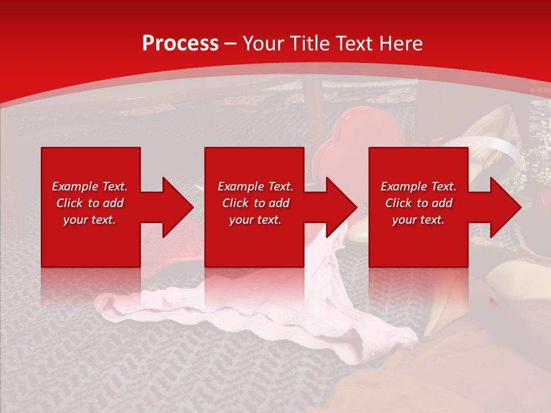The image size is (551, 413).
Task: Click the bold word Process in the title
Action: pyautogui.click(x=180, y=44)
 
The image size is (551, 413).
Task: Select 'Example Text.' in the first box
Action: pyautogui.click(x=90, y=186)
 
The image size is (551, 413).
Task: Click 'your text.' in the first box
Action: pyautogui.click(x=90, y=220)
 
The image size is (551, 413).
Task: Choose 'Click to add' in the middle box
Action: pyautogui.click(x=255, y=203)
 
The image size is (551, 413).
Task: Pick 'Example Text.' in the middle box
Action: pyautogui.click(x=255, y=186)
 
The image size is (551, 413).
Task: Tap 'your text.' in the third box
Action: pyautogui.click(x=418, y=220)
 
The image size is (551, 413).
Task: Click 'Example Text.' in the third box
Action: pyautogui.click(x=418, y=186)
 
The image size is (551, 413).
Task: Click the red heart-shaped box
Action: pyautogui.click(x=356, y=135)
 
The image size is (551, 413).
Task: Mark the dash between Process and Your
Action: pyautogui.click(x=230, y=44)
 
